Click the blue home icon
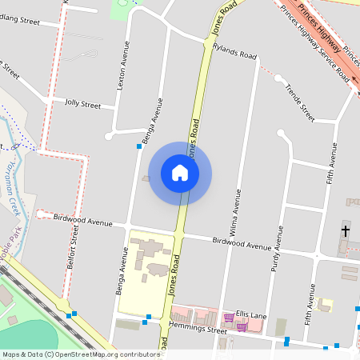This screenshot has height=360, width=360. [180, 173]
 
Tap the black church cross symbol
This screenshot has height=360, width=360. [346, 231]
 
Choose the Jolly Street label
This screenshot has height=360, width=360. [84, 104]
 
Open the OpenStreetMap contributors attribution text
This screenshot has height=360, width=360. [80, 354]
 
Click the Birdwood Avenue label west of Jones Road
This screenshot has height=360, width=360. [83, 220]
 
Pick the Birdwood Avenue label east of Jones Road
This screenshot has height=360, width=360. [242, 244]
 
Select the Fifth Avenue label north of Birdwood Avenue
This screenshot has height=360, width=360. [330, 163]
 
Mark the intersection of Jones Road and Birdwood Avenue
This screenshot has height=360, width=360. [180, 234]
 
